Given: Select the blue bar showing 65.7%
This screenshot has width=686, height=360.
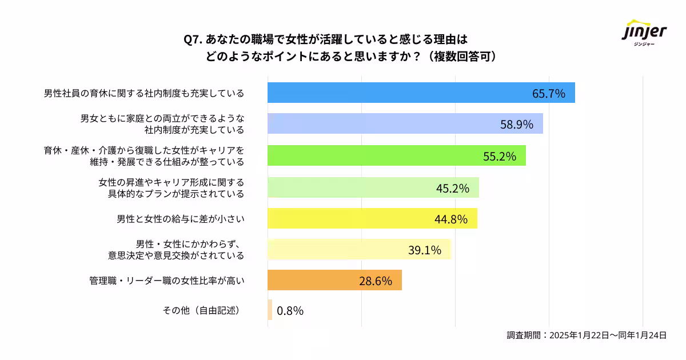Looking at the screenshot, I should click(400, 93).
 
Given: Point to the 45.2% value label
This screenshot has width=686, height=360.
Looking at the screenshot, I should click(453, 187).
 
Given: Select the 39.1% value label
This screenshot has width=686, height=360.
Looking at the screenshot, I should click(424, 250).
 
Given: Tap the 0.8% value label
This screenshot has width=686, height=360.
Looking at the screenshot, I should click(290, 311).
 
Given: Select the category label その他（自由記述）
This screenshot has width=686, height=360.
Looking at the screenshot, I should click(201, 311).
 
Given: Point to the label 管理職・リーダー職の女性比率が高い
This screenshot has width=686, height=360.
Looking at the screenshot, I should click(166, 281).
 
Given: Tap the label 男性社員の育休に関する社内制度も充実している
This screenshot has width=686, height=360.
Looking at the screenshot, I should click(144, 93).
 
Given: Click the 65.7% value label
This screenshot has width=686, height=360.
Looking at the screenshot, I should click(548, 93).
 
